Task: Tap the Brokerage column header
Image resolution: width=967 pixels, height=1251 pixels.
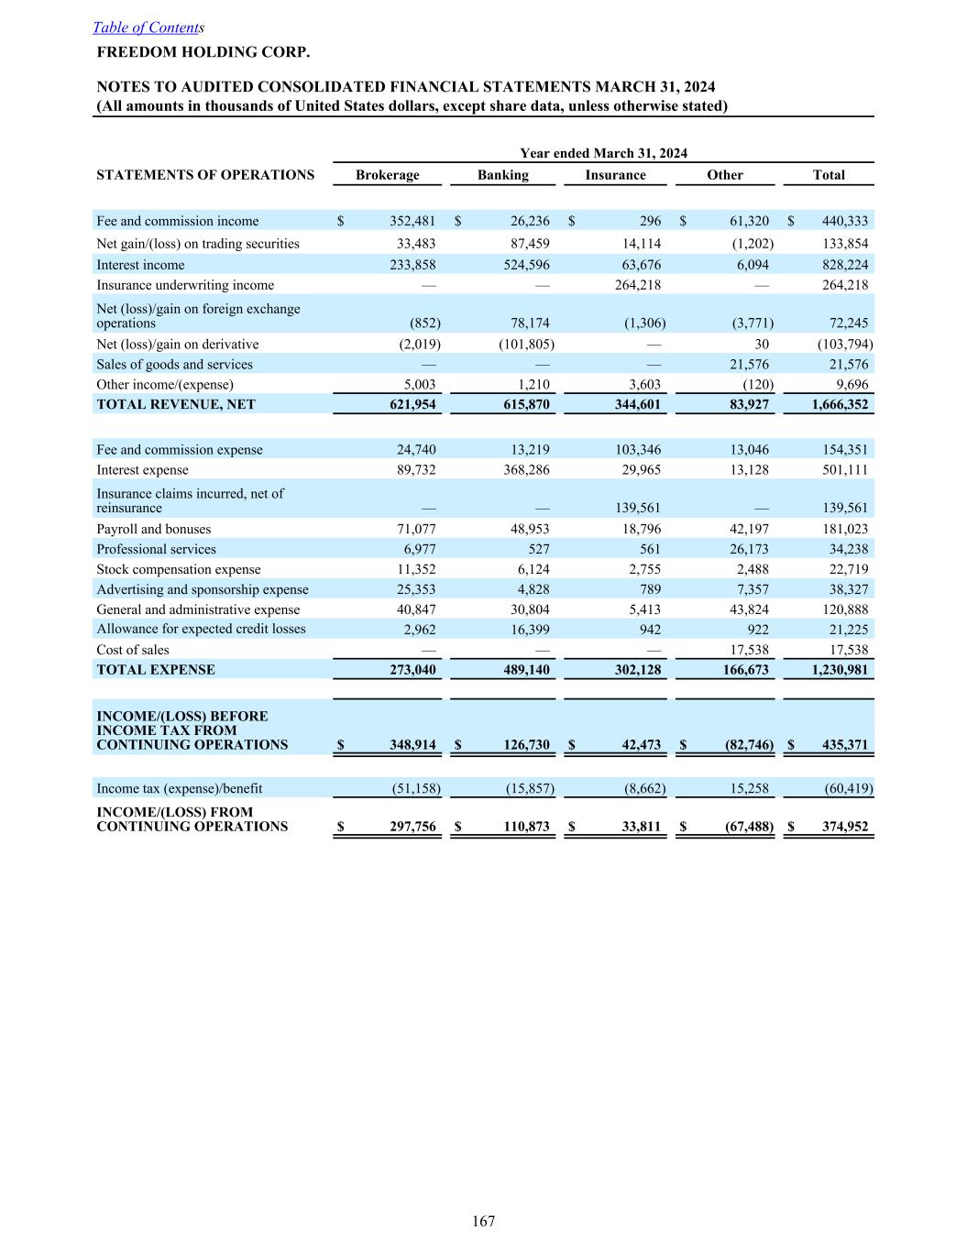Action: click(x=387, y=175)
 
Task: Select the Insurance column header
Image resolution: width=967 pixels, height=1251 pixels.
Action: click(x=615, y=175)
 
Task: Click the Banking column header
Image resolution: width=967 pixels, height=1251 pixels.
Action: click(x=502, y=175)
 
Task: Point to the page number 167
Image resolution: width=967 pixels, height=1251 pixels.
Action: click(x=484, y=1221)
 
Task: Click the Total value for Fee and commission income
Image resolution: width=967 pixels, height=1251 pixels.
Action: click(x=843, y=221)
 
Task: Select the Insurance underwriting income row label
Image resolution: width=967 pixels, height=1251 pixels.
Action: click(x=185, y=285)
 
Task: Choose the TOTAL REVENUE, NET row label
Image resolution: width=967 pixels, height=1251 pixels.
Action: click(x=176, y=404)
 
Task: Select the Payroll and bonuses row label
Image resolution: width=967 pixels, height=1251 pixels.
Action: click(x=154, y=529)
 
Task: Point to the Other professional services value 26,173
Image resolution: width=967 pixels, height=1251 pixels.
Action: click(x=746, y=549)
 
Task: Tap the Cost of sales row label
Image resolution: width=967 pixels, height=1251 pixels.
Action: click(x=133, y=650)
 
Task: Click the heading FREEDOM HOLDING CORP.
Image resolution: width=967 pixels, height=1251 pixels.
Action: click(x=203, y=51)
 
